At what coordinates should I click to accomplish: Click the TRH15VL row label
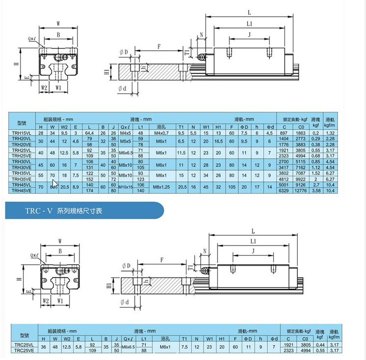(x=21, y=133)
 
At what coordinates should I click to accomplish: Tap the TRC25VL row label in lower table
(x=23, y=345)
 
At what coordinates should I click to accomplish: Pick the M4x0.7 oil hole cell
(x=161, y=133)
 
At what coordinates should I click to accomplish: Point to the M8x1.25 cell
(x=161, y=187)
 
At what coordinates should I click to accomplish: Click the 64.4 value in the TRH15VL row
(x=89, y=133)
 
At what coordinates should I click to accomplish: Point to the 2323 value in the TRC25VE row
(x=288, y=351)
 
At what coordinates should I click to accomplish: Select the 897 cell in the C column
(x=284, y=133)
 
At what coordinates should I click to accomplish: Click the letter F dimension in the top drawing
(x=159, y=46)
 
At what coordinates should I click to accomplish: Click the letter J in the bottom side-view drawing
(x=254, y=251)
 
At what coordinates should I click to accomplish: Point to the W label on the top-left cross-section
(x=58, y=23)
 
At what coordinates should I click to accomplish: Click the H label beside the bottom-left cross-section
(x=18, y=278)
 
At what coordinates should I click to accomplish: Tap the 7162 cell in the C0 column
(x=301, y=167)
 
